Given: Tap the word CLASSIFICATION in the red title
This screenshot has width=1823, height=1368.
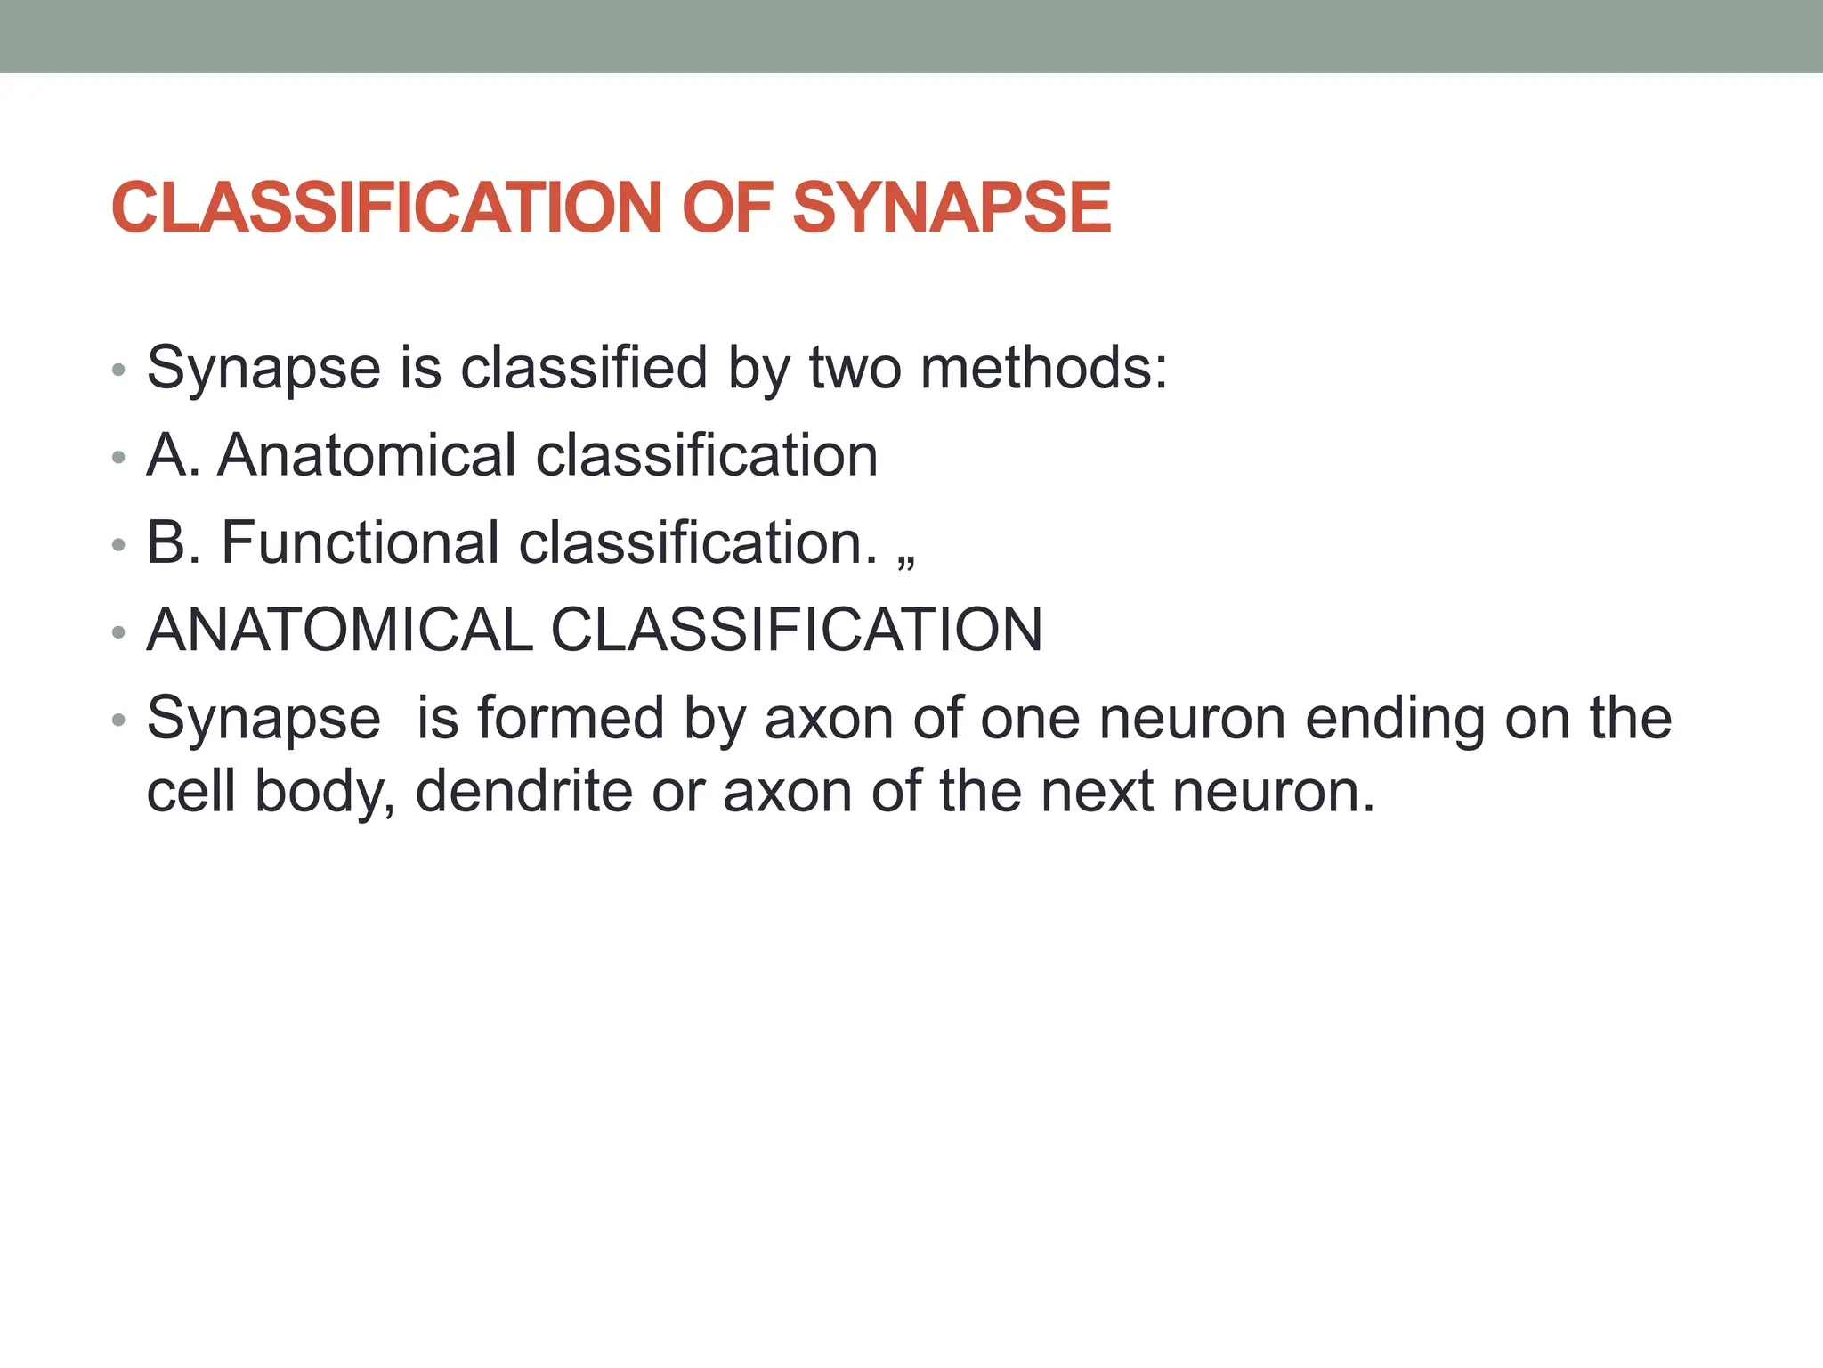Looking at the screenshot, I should pos(386,208).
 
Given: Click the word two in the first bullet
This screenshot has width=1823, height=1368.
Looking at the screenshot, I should pos(855,368).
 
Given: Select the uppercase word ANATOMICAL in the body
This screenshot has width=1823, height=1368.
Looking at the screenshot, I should pos(339,630).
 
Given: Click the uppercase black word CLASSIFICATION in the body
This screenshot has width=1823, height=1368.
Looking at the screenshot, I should pos(797,630).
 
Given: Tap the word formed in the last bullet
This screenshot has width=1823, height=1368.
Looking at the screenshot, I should pos(571,718).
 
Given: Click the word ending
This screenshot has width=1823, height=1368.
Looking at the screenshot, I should pos(1394,718).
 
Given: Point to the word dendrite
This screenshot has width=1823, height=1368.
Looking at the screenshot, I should pos(524,791).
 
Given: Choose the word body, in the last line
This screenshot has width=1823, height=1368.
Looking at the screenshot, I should pos(325,791).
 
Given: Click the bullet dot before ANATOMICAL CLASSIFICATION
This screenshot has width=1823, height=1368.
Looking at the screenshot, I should pos(119,633).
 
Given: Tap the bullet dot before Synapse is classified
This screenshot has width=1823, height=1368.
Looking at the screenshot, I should pos(119,370).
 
